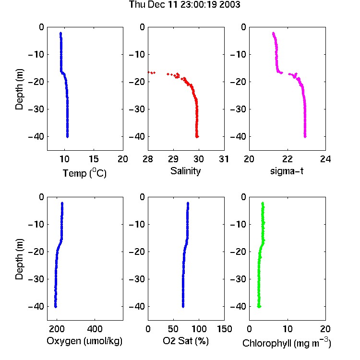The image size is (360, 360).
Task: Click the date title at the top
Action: pos(185,4)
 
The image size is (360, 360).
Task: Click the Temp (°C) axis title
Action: pos(84,173)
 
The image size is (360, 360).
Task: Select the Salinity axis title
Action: pos(185,171)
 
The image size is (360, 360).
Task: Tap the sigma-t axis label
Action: pos(287,171)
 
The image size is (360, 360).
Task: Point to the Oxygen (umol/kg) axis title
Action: pos(84,341)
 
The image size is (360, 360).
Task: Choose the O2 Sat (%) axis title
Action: pos(186,341)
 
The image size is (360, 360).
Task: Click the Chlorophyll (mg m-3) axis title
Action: pos(287,343)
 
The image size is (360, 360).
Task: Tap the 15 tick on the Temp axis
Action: pos(94,159)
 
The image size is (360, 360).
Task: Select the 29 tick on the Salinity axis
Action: pos(173,159)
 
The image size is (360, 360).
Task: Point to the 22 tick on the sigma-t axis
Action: pos(287,159)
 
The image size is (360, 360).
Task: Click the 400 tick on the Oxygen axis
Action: pos(95,329)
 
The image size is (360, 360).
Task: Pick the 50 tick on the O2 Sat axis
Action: pos(173,329)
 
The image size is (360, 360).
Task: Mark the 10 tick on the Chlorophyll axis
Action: pos(287,329)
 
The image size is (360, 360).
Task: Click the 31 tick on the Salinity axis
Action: pos(224,159)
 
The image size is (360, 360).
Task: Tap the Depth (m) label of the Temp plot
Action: pos(19,89)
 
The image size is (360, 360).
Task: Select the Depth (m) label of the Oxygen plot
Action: pos(19,259)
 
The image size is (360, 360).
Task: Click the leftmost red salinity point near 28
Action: pos(149,72)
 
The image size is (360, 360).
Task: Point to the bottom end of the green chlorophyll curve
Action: pos(259,307)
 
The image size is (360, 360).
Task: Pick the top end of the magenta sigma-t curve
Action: pos(273,33)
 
